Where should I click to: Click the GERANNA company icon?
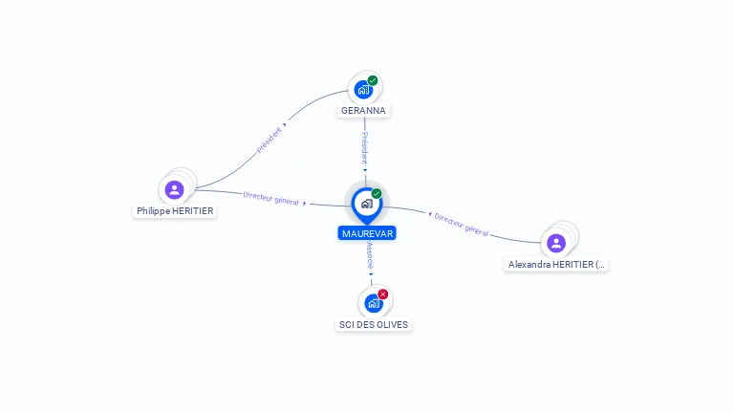point(363,90)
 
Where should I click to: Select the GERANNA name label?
point(363,111)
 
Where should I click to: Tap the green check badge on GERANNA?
point(373,80)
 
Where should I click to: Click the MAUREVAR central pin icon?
point(366,203)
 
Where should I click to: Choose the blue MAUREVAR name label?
point(367,233)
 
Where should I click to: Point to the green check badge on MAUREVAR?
point(377,193)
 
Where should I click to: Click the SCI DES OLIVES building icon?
point(373,303)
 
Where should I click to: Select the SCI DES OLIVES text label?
point(374,325)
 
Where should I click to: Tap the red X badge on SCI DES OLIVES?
point(383,293)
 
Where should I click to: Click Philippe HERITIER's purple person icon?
point(174,189)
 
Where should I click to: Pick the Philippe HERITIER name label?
point(175,211)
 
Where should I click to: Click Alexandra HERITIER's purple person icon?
point(556,243)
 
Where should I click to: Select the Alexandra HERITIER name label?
point(557,265)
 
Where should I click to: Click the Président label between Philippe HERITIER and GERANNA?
point(270,140)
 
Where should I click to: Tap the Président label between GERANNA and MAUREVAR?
point(364,148)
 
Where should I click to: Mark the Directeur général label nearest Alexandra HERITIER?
point(462,225)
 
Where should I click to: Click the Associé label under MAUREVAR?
point(371,254)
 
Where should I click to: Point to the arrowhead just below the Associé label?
point(371,274)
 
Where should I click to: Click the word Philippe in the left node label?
point(153,211)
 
